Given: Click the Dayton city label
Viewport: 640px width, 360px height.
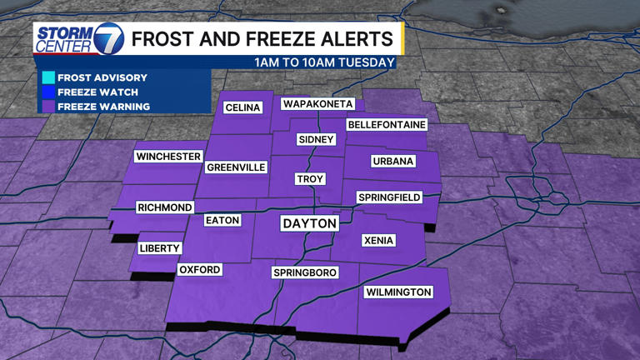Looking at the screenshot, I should (310, 224).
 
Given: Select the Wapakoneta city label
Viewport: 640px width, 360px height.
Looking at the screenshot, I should (318, 104).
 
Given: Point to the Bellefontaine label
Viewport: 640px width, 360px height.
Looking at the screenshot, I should (387, 125).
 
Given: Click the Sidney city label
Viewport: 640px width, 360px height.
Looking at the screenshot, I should (317, 140).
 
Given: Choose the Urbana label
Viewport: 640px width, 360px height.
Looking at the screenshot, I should (392, 162).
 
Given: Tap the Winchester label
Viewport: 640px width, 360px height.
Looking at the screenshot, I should (169, 157).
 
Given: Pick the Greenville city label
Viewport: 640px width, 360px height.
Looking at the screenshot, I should (236, 167).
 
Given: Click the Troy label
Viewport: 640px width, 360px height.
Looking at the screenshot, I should (310, 179).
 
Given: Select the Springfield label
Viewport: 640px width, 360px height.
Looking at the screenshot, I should (389, 197).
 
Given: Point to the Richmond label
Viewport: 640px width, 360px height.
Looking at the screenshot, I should (165, 207).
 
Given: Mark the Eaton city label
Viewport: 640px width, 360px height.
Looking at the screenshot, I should (222, 221).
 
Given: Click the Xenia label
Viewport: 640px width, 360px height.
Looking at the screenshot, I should (378, 241).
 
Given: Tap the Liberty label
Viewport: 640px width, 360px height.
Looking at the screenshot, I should (160, 249).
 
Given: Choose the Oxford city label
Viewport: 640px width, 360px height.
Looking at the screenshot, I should (200, 270).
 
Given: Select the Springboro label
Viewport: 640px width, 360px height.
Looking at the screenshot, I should (305, 273).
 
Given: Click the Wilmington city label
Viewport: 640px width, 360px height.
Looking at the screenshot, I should (398, 292).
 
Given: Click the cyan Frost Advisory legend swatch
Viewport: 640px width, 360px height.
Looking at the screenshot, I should (48, 77).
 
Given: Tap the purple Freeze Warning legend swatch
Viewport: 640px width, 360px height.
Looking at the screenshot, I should (48, 106).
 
